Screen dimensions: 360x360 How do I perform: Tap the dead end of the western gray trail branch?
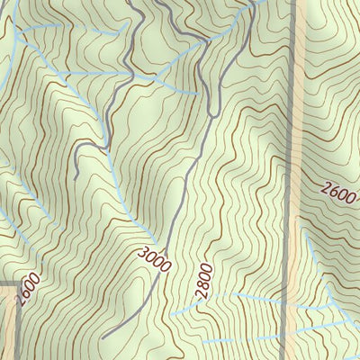pos(76,176)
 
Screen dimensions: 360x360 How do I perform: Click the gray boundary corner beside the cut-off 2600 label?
pos(17,285)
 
